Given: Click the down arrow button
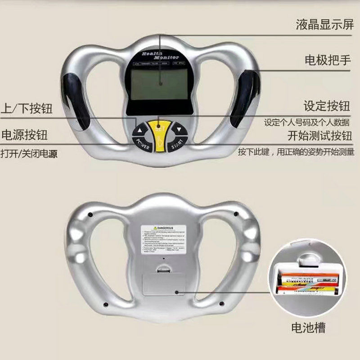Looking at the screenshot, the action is tap(179, 130).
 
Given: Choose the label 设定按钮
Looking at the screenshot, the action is tap(326, 106).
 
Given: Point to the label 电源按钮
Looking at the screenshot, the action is tap(25, 135).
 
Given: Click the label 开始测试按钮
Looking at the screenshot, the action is tap(319, 135).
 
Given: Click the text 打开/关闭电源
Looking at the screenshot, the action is tap(30, 153).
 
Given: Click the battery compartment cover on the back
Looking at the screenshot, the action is tap(165, 283).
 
